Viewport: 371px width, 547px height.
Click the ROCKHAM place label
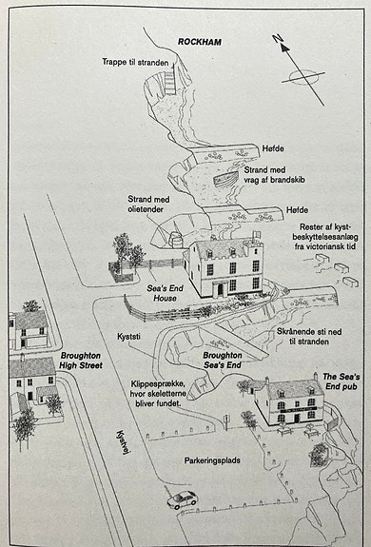[200, 42]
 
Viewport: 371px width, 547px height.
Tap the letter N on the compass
[277, 39]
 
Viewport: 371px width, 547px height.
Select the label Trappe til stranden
[135, 63]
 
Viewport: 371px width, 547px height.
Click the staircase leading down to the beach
[170, 81]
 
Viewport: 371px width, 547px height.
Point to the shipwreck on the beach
[222, 179]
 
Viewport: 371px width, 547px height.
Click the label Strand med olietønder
[148, 205]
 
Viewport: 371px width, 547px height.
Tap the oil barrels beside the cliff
[176, 240]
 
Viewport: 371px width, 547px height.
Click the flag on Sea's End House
[257, 234]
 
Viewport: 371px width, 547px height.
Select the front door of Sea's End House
[221, 289]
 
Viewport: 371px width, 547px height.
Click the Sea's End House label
[165, 293]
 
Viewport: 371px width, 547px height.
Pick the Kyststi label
[128, 337]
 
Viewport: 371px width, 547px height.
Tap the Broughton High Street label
[81, 361]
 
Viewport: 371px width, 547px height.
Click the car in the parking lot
[183, 499]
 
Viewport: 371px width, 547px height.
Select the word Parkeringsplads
[212, 460]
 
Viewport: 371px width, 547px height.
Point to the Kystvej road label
[121, 442]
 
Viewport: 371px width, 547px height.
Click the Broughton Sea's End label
[223, 360]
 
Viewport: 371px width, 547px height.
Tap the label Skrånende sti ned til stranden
[309, 337]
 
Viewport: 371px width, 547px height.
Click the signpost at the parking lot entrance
[226, 421]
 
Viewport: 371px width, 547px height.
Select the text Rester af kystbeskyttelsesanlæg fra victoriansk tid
[324, 237]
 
